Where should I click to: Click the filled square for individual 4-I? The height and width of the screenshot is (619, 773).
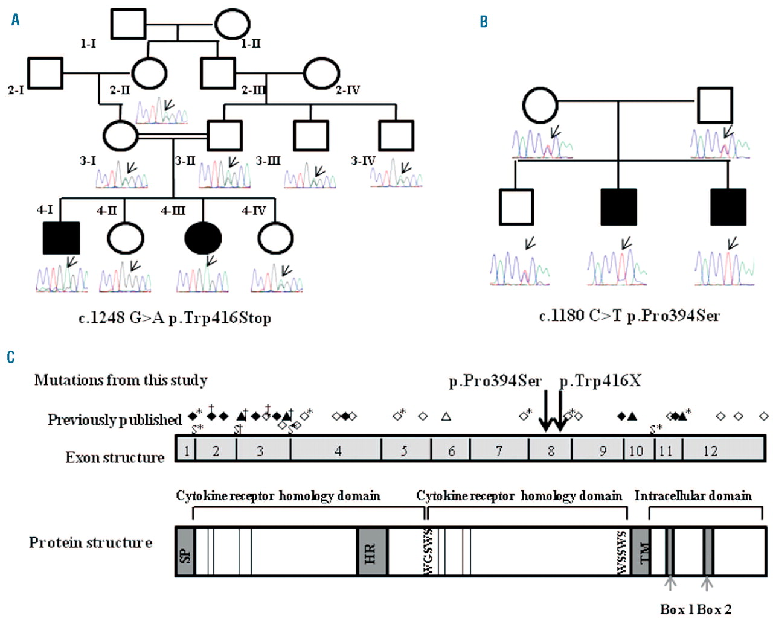62,238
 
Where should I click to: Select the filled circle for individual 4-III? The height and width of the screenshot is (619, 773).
203,239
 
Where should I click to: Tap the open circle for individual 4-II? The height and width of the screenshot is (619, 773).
126,239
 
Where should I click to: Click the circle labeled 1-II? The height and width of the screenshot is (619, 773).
233,24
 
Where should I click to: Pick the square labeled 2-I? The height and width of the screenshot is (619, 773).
45,74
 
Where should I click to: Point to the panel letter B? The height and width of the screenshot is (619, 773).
484,22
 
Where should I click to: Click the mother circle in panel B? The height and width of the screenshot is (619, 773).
540,106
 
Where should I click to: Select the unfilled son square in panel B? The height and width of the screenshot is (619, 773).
517,207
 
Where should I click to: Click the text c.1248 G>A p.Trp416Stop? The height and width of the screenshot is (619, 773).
175,318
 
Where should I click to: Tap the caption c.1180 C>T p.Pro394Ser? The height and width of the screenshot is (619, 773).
629,316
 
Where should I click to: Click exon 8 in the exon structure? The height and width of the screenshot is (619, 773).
550,450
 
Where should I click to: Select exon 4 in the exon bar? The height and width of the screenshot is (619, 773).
337,450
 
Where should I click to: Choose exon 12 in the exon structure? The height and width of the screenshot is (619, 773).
710,450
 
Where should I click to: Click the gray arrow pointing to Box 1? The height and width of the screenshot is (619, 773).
670,582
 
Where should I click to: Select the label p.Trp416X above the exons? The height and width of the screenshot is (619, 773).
600,381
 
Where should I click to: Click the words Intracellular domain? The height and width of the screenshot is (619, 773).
693,496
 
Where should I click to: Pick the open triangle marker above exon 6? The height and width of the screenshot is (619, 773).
446,416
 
